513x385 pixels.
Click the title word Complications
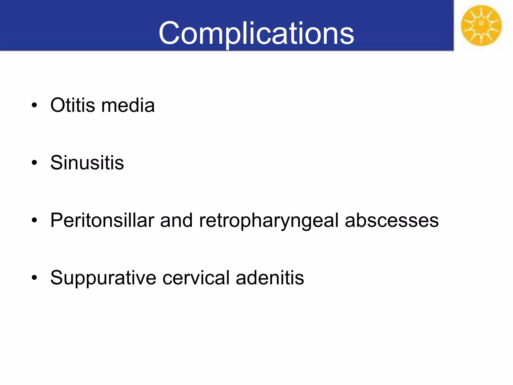click(256, 33)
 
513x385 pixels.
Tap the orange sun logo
click(481, 26)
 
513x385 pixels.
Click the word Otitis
click(73, 105)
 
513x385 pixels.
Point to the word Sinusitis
click(87, 163)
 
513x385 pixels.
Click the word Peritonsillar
click(102, 220)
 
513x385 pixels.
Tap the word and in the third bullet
click(176, 220)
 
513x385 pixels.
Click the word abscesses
click(392, 220)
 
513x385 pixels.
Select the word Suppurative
click(103, 278)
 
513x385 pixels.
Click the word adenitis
click(270, 278)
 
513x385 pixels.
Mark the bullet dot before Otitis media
click(34, 106)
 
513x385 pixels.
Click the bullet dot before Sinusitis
click(34, 163)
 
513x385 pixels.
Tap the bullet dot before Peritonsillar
click(34, 221)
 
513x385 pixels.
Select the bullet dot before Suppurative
click(34, 278)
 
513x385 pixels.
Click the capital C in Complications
click(169, 33)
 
